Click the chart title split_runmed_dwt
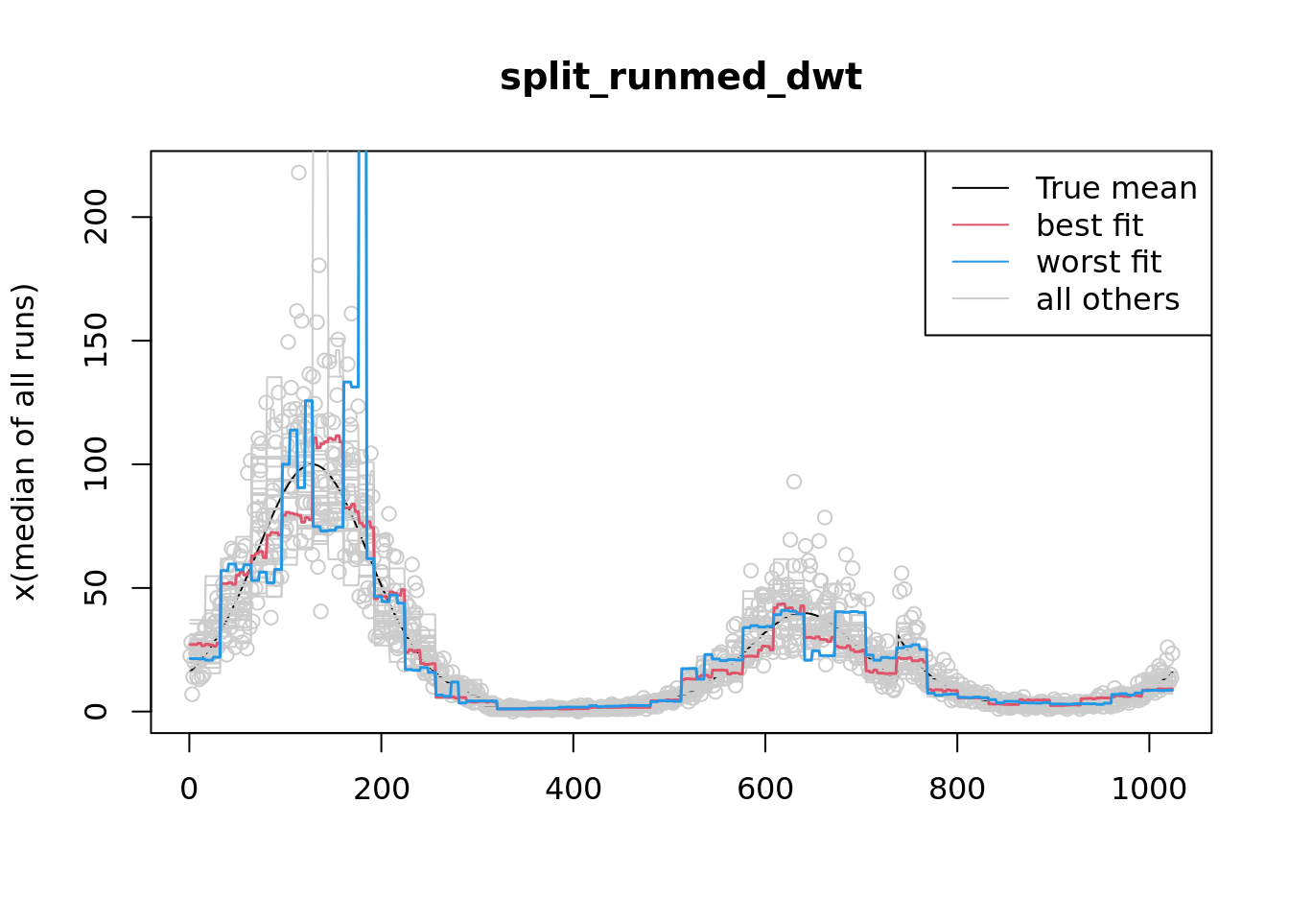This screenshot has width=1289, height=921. [680, 77]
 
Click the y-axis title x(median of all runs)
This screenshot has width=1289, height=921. [24, 442]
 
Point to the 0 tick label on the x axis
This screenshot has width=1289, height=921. [189, 789]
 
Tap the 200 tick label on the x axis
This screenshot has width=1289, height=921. [381, 789]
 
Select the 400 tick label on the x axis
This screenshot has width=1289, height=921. [573, 789]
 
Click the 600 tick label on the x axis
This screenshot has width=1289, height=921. [764, 789]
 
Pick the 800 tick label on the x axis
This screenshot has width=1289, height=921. [956, 789]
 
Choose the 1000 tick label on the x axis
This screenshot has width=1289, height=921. [1148, 789]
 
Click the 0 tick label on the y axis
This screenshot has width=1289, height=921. [96, 711]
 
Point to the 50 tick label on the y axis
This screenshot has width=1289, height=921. [96, 588]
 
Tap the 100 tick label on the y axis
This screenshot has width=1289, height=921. [96, 464]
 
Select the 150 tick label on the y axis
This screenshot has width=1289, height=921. [96, 341]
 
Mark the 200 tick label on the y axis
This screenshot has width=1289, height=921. [96, 217]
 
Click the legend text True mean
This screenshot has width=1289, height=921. [1115, 188]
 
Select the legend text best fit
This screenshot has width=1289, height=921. [1089, 225]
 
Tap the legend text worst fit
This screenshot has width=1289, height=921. [1098, 262]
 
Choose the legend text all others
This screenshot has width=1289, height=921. [1107, 299]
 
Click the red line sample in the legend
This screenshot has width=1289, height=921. [980, 225]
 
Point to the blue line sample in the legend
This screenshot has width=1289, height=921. [980, 262]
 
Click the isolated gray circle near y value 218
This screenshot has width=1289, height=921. [298, 173]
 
